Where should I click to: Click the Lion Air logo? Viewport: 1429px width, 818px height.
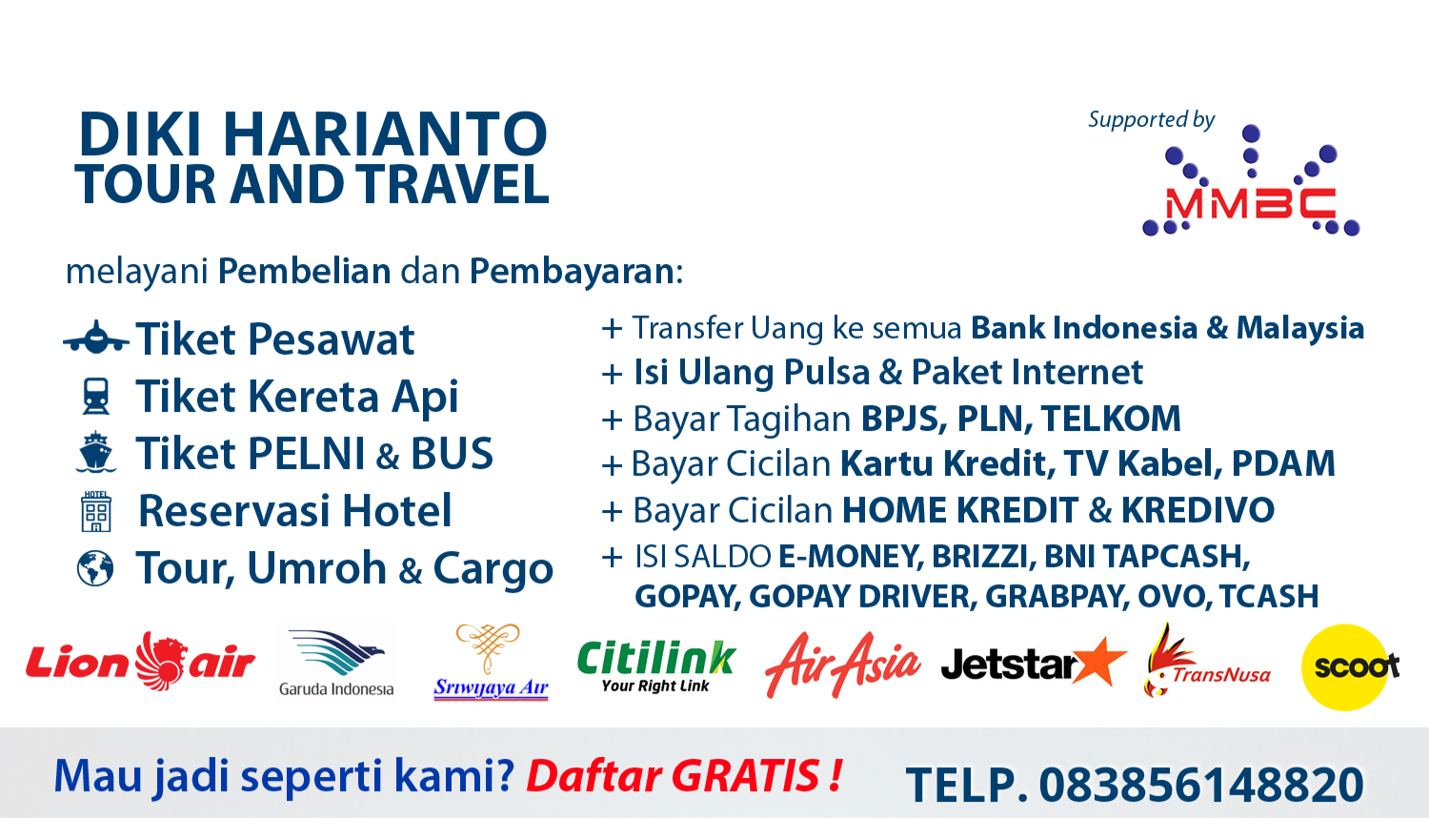tap(140, 663)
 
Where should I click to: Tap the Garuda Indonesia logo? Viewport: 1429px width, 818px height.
tap(336, 663)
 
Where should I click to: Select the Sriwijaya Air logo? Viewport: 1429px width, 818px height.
tap(491, 663)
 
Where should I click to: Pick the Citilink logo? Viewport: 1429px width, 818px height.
tap(656, 666)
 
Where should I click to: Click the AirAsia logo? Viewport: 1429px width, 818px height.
tap(843, 665)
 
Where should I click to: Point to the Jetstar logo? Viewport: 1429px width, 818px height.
tap(1034, 663)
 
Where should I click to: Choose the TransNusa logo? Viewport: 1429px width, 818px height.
tap(1207, 661)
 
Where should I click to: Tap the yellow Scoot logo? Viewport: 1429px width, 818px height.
tap(1350, 667)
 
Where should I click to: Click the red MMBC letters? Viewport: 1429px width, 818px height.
tap(1251, 204)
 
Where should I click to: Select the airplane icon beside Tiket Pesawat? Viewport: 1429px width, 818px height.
tap(96, 337)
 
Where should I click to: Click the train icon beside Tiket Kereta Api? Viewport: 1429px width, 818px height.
tap(95, 396)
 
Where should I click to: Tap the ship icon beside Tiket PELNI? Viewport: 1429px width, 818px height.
tap(95, 452)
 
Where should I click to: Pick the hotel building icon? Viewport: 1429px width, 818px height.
tap(95, 511)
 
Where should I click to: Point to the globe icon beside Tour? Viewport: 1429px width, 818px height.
tap(95, 567)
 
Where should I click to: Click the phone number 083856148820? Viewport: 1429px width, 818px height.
tap(1202, 785)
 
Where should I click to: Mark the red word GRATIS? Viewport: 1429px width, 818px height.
tap(746, 775)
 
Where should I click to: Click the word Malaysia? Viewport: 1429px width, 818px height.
tap(1300, 328)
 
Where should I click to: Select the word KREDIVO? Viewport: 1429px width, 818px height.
tap(1198, 509)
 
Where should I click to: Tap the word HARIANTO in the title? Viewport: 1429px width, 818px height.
tap(385, 134)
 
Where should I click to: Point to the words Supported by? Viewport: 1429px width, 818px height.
tap(1152, 120)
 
